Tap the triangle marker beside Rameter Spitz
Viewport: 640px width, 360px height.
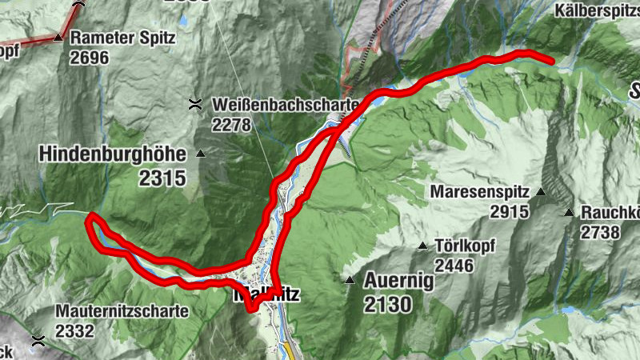click(58, 38)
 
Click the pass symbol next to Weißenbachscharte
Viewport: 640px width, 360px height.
click(194, 103)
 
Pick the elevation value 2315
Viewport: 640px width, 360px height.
click(162, 178)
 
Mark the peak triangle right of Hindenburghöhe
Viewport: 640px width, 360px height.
click(201, 154)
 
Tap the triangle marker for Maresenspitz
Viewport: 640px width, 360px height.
click(541, 192)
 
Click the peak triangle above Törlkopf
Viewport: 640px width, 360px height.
click(422, 246)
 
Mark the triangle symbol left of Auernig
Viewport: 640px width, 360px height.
click(350, 281)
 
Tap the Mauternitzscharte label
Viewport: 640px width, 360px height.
click(122, 311)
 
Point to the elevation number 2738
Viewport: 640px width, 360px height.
click(600, 232)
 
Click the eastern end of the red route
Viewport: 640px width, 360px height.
click(551, 60)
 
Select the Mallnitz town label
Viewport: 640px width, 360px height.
click(266, 294)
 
